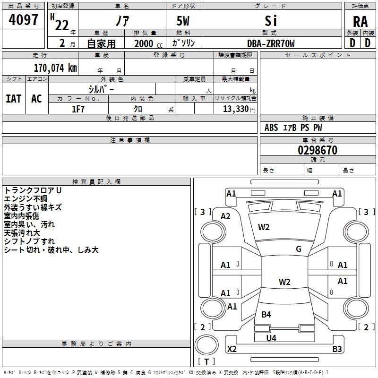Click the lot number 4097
[x=23, y=20]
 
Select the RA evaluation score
[x=361, y=22]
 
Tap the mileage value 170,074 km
[x=55, y=68]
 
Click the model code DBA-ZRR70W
[x=271, y=43]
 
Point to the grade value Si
[x=271, y=21]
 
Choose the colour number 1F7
[x=78, y=109]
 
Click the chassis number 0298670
[x=318, y=150]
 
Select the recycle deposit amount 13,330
[x=236, y=109]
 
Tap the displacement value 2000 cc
[x=148, y=44]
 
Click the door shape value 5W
[x=183, y=21]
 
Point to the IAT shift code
[x=13, y=99]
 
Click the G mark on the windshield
[x=299, y=249]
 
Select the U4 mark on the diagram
[x=271, y=338]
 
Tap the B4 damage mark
[x=266, y=315]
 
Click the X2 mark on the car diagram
[x=232, y=349]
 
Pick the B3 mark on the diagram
[x=337, y=349]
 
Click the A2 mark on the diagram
[x=225, y=216]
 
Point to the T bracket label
[x=206, y=361]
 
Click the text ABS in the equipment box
[x=271, y=128]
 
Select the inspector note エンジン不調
[x=26, y=199]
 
